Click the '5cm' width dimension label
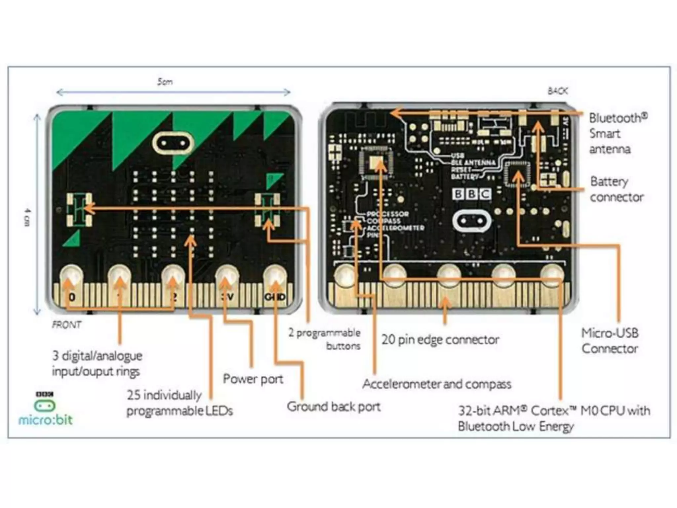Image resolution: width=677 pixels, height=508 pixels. (165, 82)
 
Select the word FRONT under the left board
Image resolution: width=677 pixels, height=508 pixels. (66, 325)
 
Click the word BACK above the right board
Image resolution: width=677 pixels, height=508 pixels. (558, 91)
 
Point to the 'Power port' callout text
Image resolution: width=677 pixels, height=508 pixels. (253, 379)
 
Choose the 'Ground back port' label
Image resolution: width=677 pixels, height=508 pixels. (334, 407)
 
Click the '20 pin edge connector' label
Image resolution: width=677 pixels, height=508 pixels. (440, 340)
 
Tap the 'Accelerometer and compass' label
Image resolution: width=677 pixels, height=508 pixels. (437, 384)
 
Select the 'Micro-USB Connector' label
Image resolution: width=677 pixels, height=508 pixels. (610, 341)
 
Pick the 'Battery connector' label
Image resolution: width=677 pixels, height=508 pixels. (617, 189)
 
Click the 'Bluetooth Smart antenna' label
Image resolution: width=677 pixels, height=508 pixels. (617, 133)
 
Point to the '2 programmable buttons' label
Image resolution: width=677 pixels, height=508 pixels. (325, 339)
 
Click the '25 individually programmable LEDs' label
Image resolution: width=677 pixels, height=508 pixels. (179, 403)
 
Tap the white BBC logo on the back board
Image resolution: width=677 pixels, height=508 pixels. (471, 194)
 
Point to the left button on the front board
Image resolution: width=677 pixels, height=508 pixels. (79, 210)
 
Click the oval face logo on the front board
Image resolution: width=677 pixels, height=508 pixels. (173, 144)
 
